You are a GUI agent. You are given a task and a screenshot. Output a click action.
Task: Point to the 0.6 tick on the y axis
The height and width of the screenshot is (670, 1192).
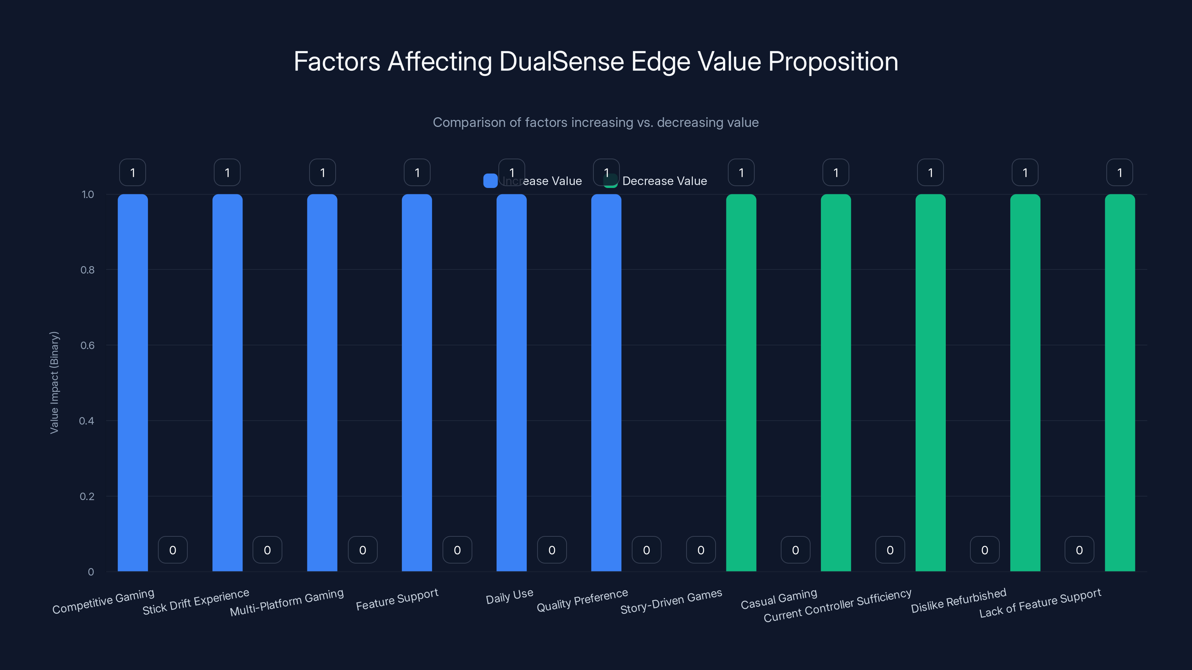coord(88,345)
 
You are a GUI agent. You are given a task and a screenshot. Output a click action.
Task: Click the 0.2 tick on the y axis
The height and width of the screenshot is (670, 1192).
coord(88,497)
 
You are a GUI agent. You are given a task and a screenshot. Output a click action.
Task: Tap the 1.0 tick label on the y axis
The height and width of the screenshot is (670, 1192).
coord(88,195)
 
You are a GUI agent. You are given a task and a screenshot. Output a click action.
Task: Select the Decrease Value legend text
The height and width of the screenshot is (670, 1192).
coord(665,181)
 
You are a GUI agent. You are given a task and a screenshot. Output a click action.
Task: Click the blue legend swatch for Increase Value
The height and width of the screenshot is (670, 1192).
coord(490,181)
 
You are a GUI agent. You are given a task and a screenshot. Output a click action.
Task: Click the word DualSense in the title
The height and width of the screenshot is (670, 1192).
coord(561,61)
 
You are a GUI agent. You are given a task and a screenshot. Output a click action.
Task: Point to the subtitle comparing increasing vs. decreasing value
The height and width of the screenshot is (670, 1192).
coord(596,122)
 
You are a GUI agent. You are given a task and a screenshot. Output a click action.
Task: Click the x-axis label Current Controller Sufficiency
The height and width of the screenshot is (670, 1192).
coord(837,606)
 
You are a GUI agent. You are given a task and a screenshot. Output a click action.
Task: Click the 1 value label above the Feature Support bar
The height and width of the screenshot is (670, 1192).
coord(417,172)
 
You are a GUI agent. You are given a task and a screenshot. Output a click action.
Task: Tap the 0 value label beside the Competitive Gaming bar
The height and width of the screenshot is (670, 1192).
coord(172,550)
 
